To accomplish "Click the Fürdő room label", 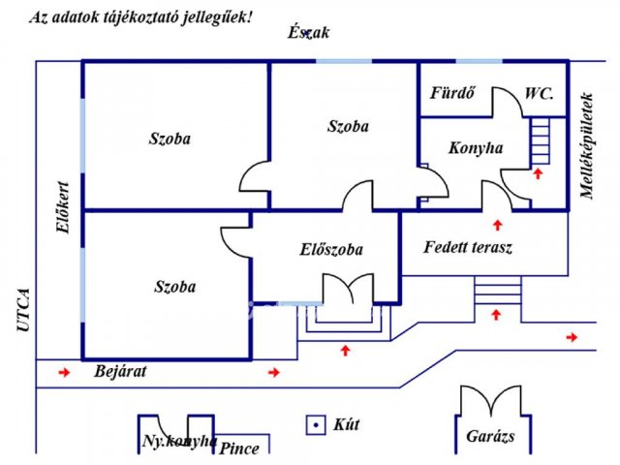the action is tap(452, 93).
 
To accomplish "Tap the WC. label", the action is tap(539, 94).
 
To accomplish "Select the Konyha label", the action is tap(476, 148).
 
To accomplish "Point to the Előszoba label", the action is tap(331, 250).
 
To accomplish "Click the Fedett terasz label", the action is tap(468, 248).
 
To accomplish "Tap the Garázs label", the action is tap(490, 436).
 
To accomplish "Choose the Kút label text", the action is tap(347, 424).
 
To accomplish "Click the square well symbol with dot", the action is tap(316, 425).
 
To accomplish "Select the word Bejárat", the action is tap(120, 371).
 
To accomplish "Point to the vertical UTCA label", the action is tap(23, 310).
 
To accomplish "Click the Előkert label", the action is tap(63, 207).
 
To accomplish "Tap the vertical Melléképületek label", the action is tap(587, 145).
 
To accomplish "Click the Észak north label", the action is tap(308, 32).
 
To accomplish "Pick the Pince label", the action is tap(239, 449).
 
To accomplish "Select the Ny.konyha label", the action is tap(179, 441).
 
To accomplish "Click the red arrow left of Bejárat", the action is tap(65, 372).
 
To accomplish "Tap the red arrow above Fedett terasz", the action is tap(497, 225).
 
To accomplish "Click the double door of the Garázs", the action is tap(491, 401).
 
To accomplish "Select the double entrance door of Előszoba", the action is tap(348, 289).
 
